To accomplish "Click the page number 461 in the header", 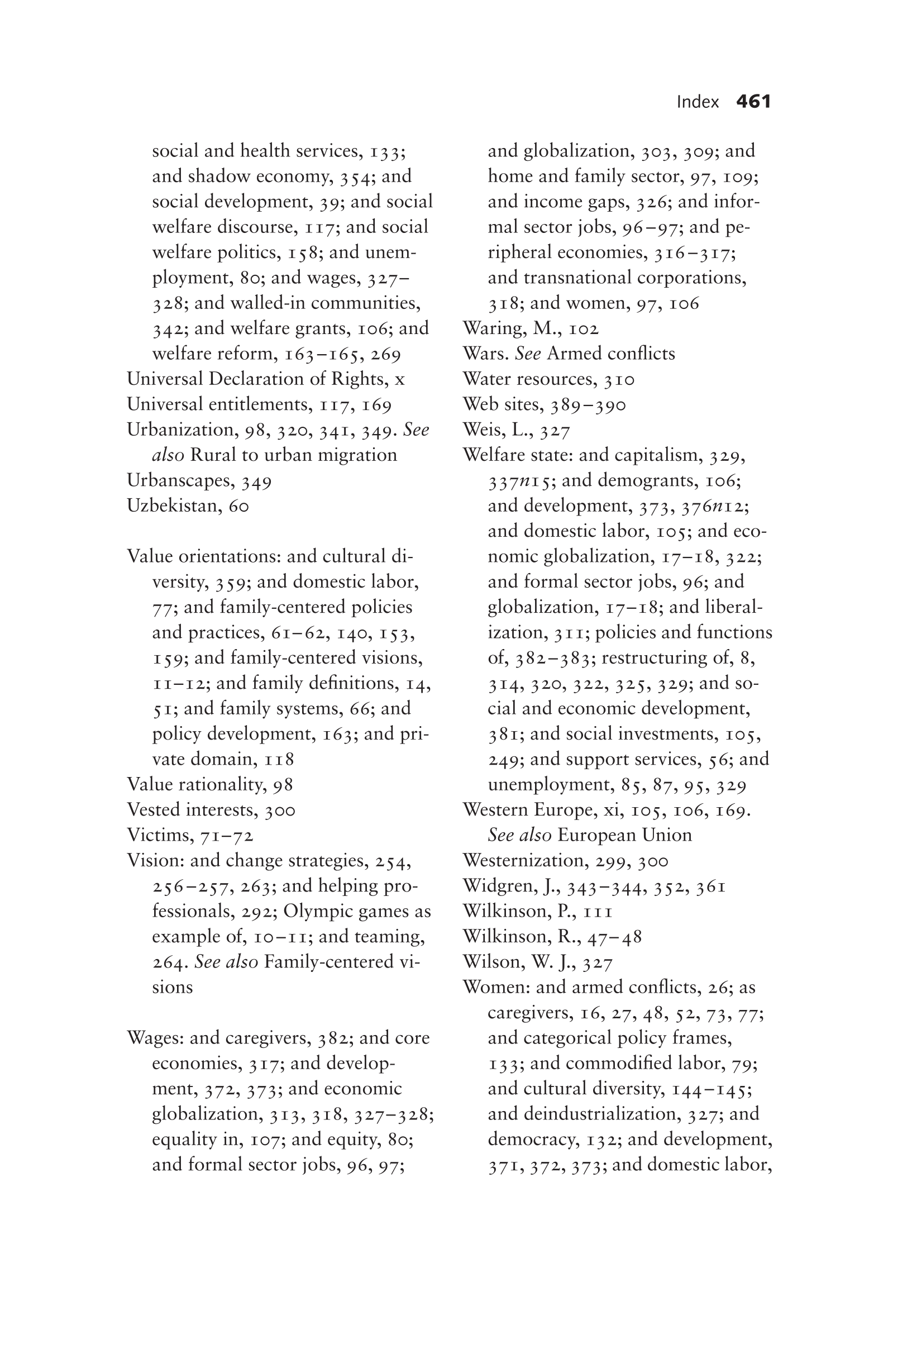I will coord(753,102).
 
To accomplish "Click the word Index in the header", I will coord(698,102).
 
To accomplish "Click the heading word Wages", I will coord(154,1038).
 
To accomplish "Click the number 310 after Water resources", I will coord(619,380).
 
